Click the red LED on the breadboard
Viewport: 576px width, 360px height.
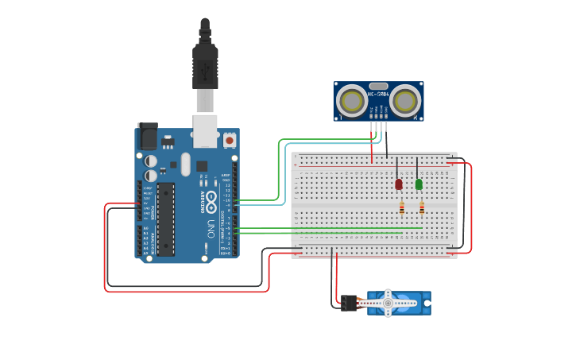coord(399,184)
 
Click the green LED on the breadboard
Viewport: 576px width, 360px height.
coord(419,184)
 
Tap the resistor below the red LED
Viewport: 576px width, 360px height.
coord(402,208)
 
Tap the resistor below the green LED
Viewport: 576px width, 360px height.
coord(422,208)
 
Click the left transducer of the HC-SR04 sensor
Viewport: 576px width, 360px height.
coord(350,101)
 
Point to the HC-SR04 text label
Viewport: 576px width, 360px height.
coord(377,95)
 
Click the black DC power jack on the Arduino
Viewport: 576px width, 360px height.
coord(148,136)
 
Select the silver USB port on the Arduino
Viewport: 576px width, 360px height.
coord(205,130)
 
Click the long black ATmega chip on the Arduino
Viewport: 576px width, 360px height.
coord(165,219)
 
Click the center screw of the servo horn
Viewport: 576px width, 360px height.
coord(388,303)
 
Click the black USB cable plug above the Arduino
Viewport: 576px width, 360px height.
coord(205,67)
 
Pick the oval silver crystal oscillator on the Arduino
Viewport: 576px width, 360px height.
coord(185,165)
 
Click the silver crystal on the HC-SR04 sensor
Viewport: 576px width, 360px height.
coord(378,86)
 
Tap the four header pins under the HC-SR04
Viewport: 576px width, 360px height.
coord(378,126)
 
